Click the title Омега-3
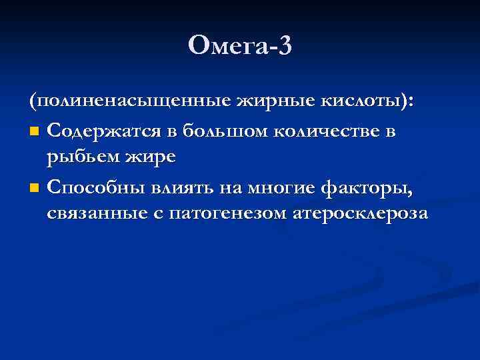240,46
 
